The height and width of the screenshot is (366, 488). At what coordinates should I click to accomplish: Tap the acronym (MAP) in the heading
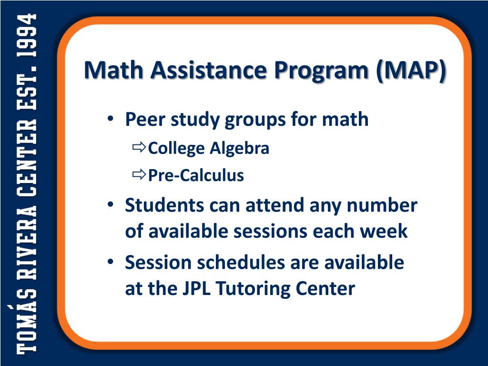coord(411,70)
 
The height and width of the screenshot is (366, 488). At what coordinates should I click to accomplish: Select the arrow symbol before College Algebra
coord(139,148)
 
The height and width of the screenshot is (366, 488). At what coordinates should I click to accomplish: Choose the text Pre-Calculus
coord(196,176)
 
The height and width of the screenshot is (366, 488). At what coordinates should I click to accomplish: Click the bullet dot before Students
coord(110,205)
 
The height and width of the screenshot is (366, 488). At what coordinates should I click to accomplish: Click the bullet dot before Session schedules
coord(110,263)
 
